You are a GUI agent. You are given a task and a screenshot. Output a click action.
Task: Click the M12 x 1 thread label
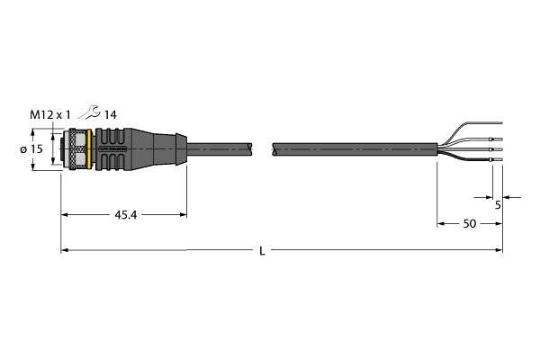click(49, 114)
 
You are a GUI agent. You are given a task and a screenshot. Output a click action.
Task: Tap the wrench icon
click(89, 112)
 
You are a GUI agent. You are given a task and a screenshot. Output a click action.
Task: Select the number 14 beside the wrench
click(110, 114)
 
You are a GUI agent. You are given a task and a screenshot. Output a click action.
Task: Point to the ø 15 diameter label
click(31, 149)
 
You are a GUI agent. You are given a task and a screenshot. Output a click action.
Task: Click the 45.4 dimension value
click(126, 215)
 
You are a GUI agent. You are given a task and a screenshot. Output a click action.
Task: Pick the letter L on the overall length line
click(263, 251)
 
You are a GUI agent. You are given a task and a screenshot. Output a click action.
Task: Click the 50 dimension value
click(470, 224)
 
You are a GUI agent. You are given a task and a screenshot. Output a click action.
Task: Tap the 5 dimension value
click(498, 205)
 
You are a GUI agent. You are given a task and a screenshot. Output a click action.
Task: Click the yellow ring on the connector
click(89, 149)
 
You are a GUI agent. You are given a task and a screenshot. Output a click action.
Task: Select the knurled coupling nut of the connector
click(76, 149)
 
